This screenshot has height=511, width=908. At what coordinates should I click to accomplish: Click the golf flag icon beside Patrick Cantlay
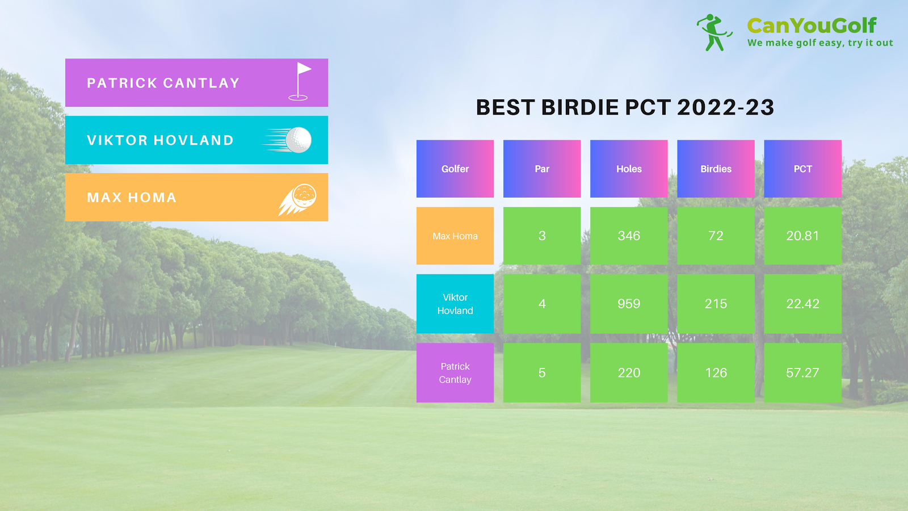tap(299, 81)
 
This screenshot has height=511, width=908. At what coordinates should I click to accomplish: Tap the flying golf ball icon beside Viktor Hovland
tap(287, 140)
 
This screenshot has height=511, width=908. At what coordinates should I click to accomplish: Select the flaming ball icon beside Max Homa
tap(297, 199)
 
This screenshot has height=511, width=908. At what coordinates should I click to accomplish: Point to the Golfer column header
tap(455, 169)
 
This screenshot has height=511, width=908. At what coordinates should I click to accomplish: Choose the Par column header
tap(542, 169)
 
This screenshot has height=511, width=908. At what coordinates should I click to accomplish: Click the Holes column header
tap(629, 169)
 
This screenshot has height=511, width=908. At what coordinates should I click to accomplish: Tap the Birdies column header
tap(716, 169)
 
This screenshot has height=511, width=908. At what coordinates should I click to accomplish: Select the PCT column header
tap(802, 169)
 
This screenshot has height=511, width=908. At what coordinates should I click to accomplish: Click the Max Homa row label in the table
tap(455, 236)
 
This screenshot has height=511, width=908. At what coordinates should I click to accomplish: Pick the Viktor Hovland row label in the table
tap(455, 304)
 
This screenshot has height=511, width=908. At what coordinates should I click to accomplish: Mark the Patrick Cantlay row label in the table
tap(455, 372)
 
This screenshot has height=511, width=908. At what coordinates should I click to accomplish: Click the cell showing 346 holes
tap(629, 236)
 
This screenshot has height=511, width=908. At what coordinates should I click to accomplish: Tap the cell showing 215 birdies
tap(716, 304)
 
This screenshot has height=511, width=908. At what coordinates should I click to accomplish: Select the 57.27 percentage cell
tap(802, 372)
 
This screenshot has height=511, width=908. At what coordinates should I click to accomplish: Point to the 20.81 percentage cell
tap(802, 236)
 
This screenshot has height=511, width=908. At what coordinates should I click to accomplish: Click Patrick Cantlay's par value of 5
tap(542, 372)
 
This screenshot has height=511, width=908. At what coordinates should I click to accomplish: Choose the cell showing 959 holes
tap(629, 304)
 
